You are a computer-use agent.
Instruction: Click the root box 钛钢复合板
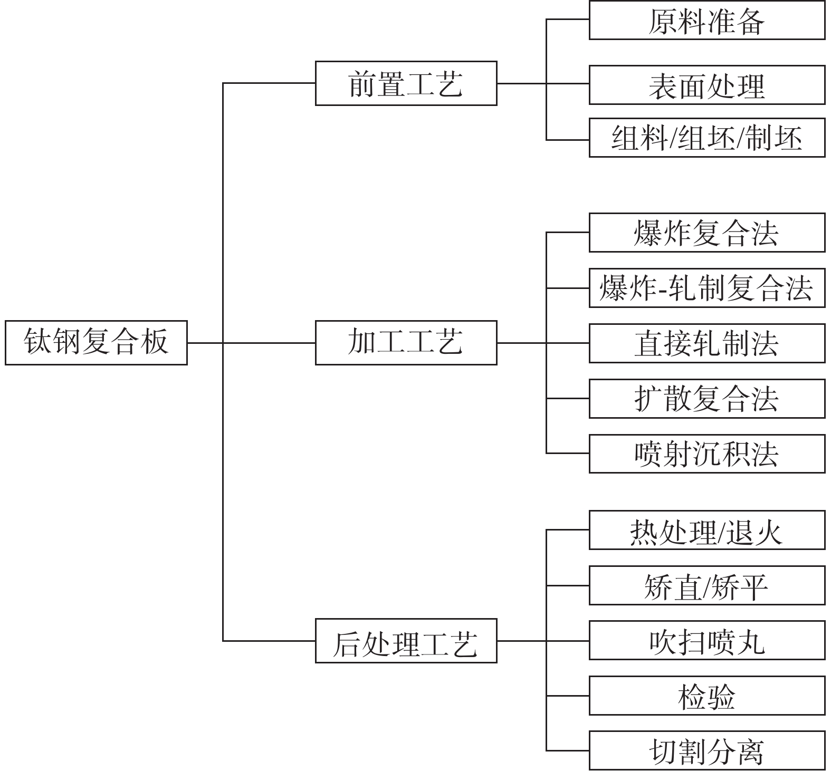click(x=96, y=342)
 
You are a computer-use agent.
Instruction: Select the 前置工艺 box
click(x=406, y=83)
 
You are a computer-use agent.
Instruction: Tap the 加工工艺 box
click(x=406, y=342)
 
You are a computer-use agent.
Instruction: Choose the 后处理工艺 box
click(x=406, y=641)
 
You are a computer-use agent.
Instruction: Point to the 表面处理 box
click(x=706, y=85)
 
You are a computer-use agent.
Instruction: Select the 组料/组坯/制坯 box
click(x=706, y=138)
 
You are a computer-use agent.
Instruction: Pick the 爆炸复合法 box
click(x=706, y=233)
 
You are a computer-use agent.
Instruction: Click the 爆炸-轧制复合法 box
click(x=706, y=288)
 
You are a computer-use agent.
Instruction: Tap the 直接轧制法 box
click(x=706, y=343)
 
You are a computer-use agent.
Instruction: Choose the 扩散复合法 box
click(x=706, y=399)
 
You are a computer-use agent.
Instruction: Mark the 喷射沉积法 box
click(x=706, y=454)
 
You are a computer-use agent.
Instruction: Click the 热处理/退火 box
click(x=706, y=530)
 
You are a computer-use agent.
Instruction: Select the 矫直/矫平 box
click(x=706, y=585)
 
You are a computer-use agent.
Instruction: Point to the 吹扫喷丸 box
click(x=706, y=641)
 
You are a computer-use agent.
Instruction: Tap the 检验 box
click(x=706, y=696)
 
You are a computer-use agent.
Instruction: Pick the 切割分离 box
click(x=706, y=751)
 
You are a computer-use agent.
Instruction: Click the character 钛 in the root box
click(x=38, y=341)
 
